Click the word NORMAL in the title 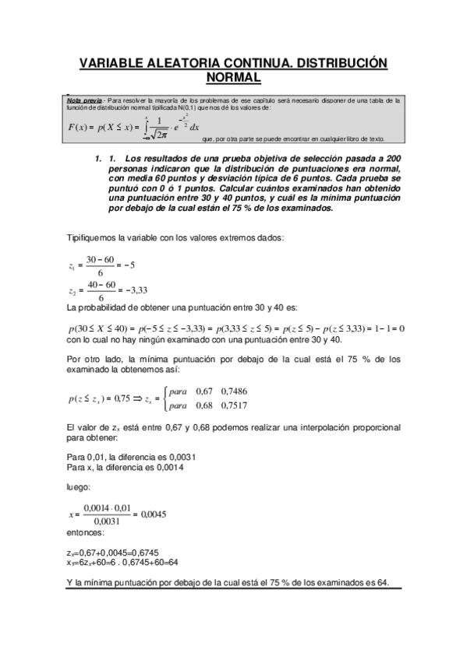pos(233,78)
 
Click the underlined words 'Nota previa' pos(85,100)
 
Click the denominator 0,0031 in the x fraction pos(109,521)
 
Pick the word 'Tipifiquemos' pos(95,237)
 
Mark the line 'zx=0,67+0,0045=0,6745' pos(113,553)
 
